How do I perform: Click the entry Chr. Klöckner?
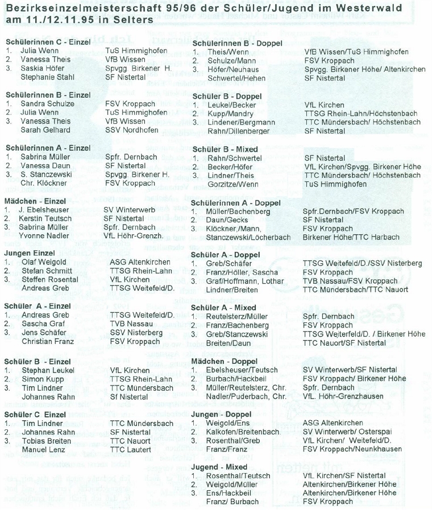(43, 183)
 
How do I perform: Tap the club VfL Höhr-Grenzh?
(134, 235)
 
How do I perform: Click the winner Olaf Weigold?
(43, 262)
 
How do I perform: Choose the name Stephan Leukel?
(45, 370)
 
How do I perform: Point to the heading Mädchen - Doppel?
(225, 361)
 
